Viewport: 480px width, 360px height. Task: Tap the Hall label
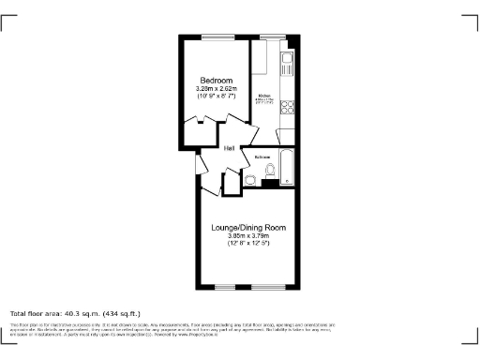pos(228,147)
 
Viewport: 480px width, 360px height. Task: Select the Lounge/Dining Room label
pos(248,228)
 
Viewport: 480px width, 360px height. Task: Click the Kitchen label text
pos(265,95)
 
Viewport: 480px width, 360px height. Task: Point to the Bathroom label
pos(262,157)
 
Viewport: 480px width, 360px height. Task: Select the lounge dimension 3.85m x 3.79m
pos(248,236)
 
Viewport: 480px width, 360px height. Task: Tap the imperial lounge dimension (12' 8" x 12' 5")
pos(248,244)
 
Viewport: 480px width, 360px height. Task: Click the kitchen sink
pos(289,64)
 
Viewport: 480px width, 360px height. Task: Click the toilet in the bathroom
pos(270,170)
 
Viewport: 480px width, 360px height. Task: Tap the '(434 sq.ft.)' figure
pos(121,313)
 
